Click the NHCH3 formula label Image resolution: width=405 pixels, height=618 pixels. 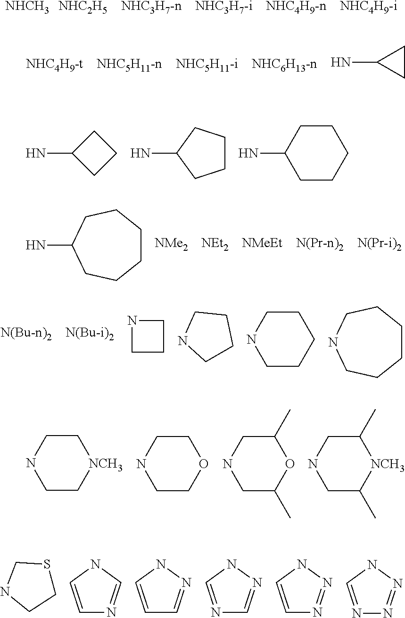(27, 7)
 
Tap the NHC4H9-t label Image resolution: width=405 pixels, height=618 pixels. (54, 65)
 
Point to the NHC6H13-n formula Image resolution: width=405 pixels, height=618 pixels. (284, 65)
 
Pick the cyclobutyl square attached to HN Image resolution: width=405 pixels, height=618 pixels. (94, 153)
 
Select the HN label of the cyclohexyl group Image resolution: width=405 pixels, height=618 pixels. (248, 153)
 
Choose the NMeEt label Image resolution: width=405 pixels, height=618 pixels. (262, 244)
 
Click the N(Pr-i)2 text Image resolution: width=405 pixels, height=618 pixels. (379, 244)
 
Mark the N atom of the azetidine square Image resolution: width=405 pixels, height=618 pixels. (132, 321)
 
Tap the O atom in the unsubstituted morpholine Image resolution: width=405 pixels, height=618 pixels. (203, 464)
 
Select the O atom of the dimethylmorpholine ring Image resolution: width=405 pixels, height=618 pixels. (289, 464)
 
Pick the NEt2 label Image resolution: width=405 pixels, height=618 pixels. (215, 244)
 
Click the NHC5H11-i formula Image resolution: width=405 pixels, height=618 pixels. (207, 65)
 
